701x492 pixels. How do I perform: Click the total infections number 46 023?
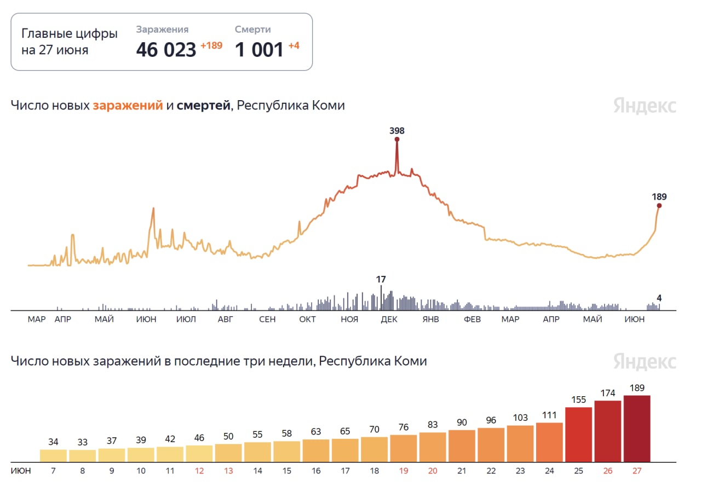point(166,50)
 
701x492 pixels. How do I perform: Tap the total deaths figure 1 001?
point(260,50)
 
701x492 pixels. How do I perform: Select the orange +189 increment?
point(211,45)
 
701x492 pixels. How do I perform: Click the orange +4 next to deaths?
point(294,45)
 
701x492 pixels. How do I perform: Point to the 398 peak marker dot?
point(397,139)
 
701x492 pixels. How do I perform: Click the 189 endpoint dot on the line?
point(659,206)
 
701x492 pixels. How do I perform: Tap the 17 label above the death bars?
point(381,279)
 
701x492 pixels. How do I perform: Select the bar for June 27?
point(637,429)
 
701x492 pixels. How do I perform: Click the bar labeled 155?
point(578,435)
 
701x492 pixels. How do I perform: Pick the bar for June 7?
point(53,455)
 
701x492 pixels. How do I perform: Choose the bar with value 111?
point(549,442)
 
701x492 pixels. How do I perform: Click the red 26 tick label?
point(608,470)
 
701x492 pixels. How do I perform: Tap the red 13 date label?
point(228,470)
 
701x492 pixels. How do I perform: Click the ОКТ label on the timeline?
point(307,320)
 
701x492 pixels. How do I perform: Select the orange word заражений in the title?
point(128,106)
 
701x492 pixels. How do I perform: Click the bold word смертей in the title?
point(203,106)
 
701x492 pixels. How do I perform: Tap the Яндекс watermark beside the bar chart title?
point(645,362)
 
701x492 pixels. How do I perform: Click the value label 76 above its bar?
point(404,427)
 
